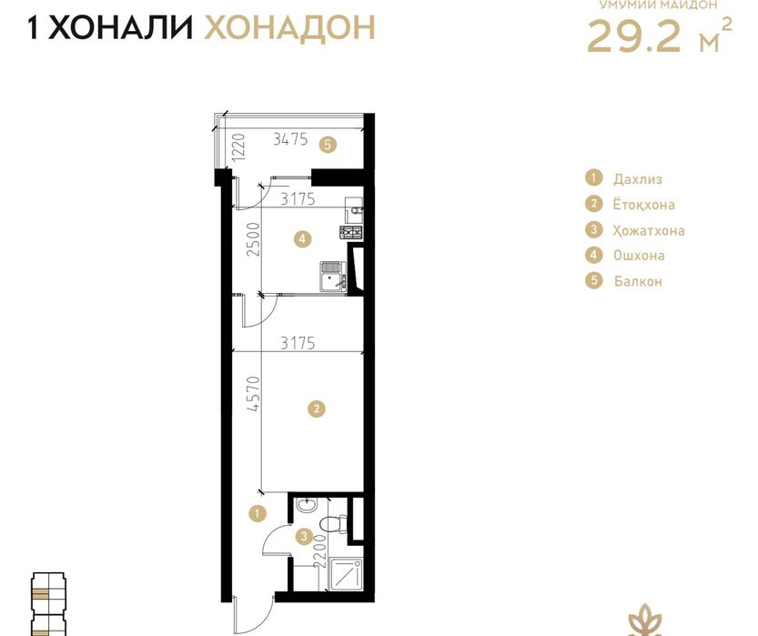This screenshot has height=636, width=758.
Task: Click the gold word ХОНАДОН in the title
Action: coord(289,27)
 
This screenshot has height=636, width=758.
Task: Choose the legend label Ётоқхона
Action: coord(644,205)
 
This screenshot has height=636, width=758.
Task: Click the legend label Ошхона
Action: coord(639,256)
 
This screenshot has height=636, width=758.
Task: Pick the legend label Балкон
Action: coord(638,281)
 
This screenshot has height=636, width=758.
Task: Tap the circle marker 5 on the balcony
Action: coord(328,144)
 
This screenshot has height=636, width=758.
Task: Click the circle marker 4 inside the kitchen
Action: coord(302,240)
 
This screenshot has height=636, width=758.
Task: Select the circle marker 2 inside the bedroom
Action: coord(316,409)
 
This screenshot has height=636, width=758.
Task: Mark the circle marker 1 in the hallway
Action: coord(258,514)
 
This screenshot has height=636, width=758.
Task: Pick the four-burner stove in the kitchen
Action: coord(351,234)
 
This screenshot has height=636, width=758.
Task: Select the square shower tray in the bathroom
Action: coord(344,572)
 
